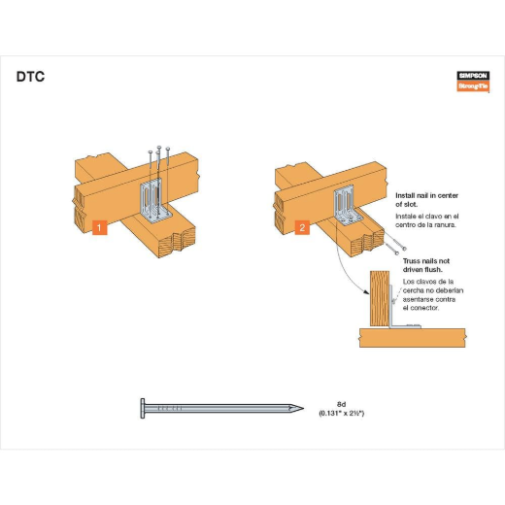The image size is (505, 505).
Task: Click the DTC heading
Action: click(30, 77)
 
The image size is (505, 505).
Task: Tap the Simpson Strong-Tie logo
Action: click(473, 82)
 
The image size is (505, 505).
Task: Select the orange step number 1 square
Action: click(99, 227)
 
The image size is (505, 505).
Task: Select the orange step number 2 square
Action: click(302, 227)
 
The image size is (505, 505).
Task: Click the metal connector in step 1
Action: click(153, 201)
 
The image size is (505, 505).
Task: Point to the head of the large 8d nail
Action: click(143, 408)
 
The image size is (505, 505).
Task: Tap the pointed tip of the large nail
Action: click(303, 408)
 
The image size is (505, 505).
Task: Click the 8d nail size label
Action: click(341, 404)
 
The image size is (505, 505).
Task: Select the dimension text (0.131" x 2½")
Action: click(342, 414)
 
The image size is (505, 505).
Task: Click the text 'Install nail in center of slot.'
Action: click(426, 200)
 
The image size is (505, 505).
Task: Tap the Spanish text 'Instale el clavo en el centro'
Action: click(427, 220)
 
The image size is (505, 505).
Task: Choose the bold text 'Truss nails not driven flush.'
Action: click(426, 265)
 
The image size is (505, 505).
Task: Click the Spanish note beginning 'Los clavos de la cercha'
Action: click(433, 294)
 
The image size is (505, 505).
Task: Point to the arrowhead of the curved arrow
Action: click(367, 292)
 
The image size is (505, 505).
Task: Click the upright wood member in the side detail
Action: click(380, 298)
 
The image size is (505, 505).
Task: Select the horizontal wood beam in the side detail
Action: click(413, 338)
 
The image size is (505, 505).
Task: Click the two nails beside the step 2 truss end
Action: click(395, 244)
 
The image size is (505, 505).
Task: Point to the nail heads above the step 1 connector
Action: click(158, 150)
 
